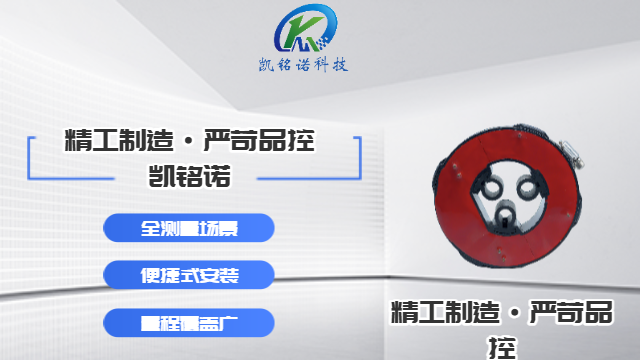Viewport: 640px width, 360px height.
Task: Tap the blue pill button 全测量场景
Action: (189, 227)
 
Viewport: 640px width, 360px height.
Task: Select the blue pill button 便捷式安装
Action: (189, 273)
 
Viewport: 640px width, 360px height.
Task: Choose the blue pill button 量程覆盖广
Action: (189, 321)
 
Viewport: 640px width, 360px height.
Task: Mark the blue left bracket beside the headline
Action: (32, 158)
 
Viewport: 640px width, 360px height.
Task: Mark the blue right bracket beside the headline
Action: (357, 158)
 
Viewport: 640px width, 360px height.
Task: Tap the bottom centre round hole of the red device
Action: (508, 214)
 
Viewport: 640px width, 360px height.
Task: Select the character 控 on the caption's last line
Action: (503, 346)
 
